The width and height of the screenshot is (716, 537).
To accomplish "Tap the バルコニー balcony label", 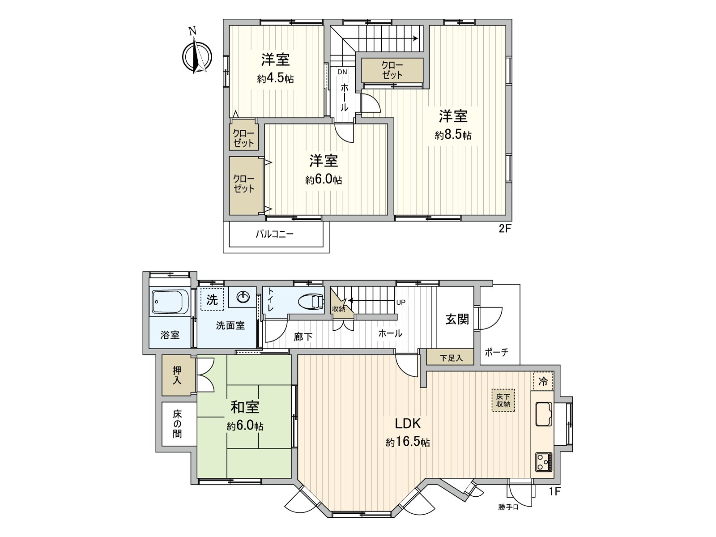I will [x=275, y=234].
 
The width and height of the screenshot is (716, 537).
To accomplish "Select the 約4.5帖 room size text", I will [x=275, y=79].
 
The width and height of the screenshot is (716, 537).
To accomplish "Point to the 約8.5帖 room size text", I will [x=453, y=135].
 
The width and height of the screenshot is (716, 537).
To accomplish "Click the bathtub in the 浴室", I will [x=170, y=301].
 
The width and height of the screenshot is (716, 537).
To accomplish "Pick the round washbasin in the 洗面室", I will [x=243, y=297].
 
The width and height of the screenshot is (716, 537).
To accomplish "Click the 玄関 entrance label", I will [x=457, y=319].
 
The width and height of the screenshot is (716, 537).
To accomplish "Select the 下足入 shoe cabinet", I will [x=450, y=358].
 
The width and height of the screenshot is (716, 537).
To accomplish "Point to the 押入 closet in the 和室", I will [x=178, y=375].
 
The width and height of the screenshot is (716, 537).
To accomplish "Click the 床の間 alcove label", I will [x=178, y=424].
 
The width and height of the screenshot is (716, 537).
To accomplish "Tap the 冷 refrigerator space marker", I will [x=543, y=382].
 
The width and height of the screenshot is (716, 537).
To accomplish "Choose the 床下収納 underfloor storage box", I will [x=503, y=400].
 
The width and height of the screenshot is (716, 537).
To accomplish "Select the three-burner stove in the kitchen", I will [x=543, y=461].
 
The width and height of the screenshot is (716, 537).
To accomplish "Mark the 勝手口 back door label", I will [x=508, y=507].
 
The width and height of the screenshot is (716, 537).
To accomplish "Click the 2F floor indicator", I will [x=505, y=229].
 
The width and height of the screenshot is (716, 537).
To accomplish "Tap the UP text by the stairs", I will [x=401, y=303].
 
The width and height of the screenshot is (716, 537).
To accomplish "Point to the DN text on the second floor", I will [x=342, y=72].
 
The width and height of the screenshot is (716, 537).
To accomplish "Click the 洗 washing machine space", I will [x=212, y=299].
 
